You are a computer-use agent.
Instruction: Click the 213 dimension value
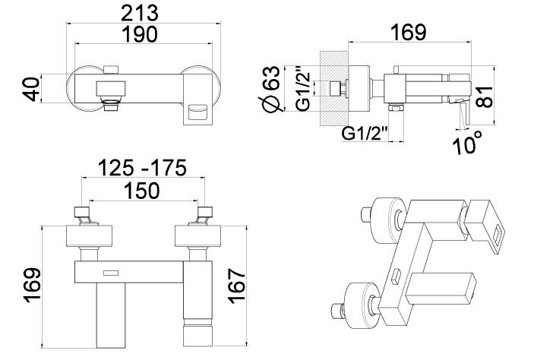[x=140, y=13]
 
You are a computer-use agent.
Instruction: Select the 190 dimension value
[x=140, y=34]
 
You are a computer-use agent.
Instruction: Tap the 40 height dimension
[x=32, y=89]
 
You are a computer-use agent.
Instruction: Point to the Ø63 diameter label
[x=271, y=89]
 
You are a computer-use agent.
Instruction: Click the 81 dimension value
[x=485, y=97]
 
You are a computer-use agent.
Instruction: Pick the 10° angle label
[x=467, y=143]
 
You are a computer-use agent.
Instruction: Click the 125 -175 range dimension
[x=142, y=168]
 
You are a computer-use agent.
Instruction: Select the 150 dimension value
[x=142, y=191]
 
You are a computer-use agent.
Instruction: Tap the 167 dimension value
[x=237, y=286]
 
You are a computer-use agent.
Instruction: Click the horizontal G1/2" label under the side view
[x=365, y=133]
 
